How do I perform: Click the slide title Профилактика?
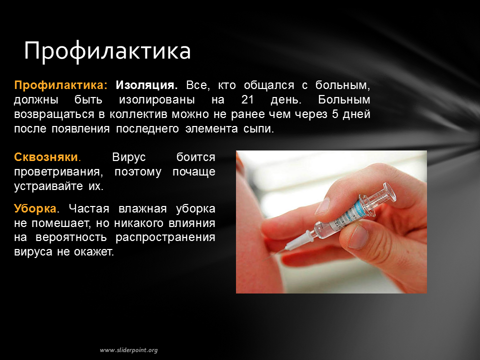click(x=107, y=50)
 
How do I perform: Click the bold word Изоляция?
click(x=146, y=85)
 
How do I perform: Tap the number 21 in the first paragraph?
click(x=247, y=99)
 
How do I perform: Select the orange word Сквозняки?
click(x=46, y=157)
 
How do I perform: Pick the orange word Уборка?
click(x=35, y=209)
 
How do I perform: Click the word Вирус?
click(x=129, y=157)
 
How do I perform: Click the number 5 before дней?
click(x=335, y=114)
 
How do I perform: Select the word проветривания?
click(x=57, y=172)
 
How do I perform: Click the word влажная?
click(x=142, y=209)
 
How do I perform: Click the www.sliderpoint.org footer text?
click(x=129, y=350)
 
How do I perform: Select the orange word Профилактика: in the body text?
click(x=61, y=85)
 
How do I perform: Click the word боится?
click(x=196, y=157)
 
